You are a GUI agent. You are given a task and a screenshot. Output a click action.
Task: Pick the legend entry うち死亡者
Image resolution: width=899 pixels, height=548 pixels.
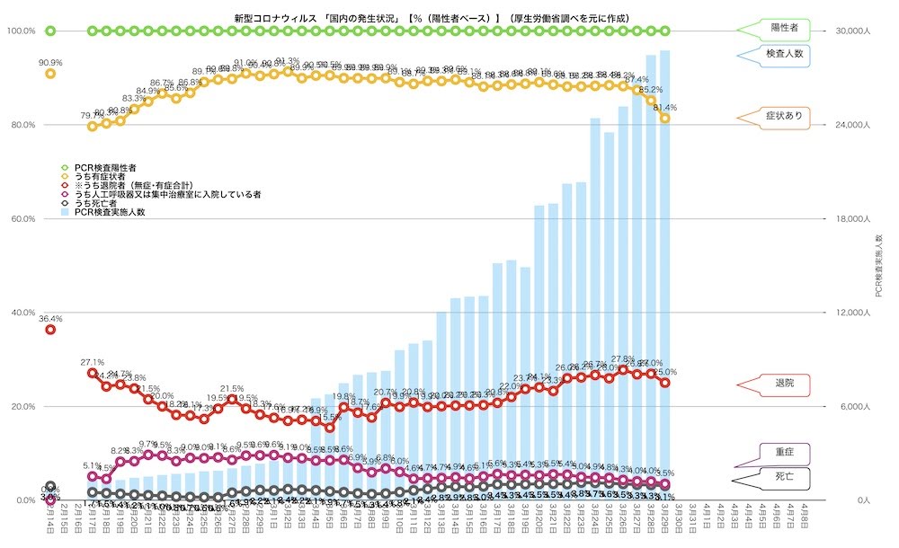click(x=94, y=204)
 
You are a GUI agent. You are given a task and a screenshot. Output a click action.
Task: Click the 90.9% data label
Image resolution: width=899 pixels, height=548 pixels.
click(x=50, y=62)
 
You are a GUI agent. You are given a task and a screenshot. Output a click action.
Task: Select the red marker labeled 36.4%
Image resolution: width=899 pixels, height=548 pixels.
click(x=50, y=330)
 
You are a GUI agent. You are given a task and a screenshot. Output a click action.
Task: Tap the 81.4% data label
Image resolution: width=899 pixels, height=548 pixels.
click(x=665, y=107)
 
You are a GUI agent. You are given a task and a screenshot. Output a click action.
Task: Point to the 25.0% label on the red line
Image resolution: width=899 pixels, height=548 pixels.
click(x=665, y=372)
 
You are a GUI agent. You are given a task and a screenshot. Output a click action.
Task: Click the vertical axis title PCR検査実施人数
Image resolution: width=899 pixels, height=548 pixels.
click(x=879, y=265)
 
